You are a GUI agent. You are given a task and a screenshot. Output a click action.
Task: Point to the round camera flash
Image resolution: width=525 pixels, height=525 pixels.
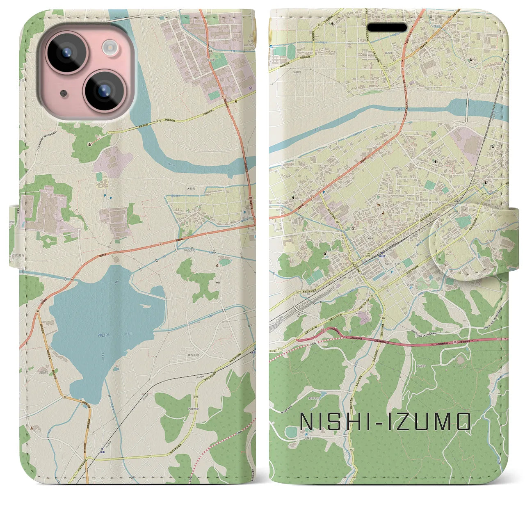click(x=110, y=47)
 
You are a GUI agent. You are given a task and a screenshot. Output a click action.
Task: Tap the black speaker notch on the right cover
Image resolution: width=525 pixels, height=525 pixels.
click(x=387, y=27)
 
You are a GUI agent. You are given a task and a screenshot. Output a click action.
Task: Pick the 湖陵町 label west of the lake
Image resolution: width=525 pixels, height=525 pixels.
click(x=44, y=372)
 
